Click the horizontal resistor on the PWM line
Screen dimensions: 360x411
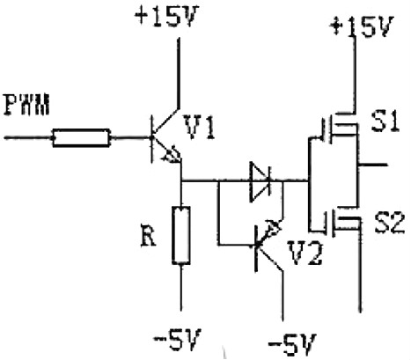(x=81, y=137)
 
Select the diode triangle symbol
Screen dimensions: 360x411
(x=260, y=182)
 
